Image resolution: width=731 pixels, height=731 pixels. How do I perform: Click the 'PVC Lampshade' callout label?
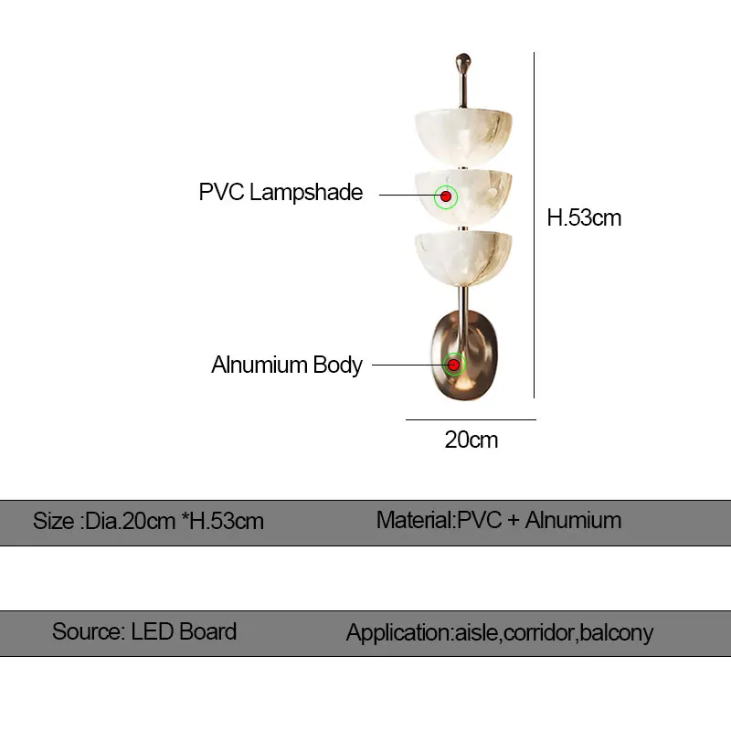click(x=281, y=193)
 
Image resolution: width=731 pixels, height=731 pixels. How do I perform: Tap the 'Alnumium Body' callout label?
click(x=287, y=365)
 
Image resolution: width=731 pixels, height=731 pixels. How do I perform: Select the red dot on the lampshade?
click(x=446, y=196)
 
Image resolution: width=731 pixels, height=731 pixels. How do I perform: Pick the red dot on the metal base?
click(x=453, y=365)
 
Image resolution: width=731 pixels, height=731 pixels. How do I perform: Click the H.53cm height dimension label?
click(x=584, y=217)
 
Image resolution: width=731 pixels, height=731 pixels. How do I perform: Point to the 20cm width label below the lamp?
click(x=471, y=440)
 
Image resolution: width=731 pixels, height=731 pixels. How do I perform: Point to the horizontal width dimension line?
click(x=471, y=419)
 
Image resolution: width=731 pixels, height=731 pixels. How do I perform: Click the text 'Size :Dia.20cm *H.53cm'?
click(x=148, y=522)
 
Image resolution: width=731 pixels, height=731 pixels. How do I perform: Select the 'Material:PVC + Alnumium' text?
click(x=499, y=521)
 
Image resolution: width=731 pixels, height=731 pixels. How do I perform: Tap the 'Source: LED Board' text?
click(x=144, y=631)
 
